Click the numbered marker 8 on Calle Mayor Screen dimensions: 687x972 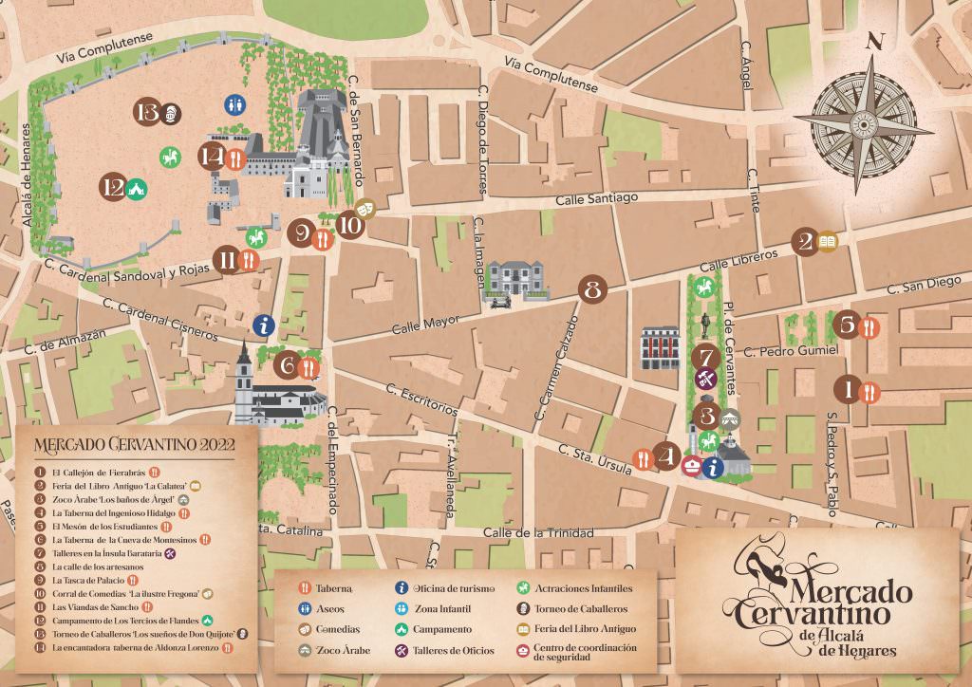tap(593, 289)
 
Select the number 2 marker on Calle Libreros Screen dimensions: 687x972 tap(807, 242)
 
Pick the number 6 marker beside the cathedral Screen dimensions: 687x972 tap(288, 364)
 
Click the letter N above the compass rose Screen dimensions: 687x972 tap(875, 41)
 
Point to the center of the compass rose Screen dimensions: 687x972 tap(864, 122)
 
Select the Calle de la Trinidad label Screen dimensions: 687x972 tap(538, 532)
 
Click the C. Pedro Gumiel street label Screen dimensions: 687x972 tap(792, 350)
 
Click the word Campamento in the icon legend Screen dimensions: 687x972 tap(442, 629)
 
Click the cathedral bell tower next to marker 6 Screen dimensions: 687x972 tap(245, 375)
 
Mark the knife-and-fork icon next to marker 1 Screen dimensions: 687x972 tap(869, 391)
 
